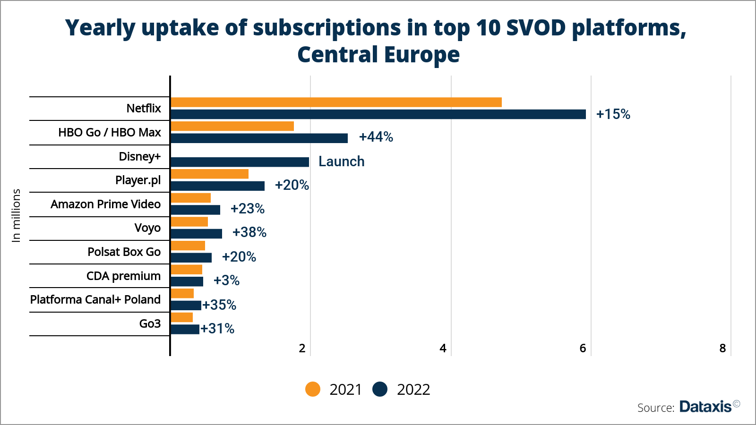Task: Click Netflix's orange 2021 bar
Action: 336,102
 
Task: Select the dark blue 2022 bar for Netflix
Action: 378,114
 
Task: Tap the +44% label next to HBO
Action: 376,137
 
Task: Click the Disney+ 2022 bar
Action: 240,162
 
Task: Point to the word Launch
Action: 341,161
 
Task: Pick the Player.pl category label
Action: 138,180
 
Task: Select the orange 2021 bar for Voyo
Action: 189,222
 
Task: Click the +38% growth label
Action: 249,232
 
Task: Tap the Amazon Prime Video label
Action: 105,204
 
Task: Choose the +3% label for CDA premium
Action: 226,280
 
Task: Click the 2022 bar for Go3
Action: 185,329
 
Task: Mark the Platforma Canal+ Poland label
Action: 95,300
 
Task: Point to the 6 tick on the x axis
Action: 583,348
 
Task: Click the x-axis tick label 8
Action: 722,348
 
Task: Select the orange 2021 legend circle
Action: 313,389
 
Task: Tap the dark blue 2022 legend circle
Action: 380,389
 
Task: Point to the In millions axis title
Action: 17,216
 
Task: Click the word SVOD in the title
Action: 536,28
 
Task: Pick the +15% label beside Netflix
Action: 613,114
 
